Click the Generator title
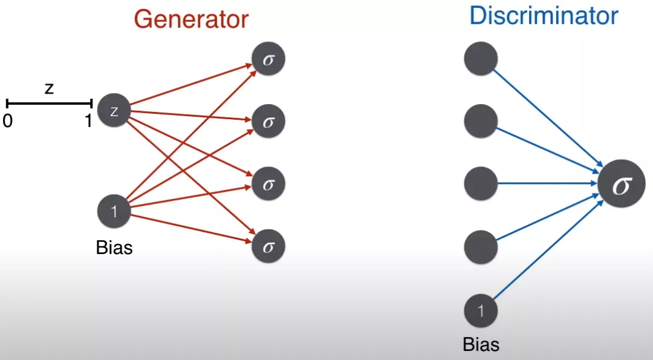point(191,19)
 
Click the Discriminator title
point(544,16)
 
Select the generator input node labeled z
point(114,111)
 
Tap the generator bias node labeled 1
point(114,211)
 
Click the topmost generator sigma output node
point(268,59)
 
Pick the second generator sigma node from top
point(268,122)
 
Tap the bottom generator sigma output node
point(268,246)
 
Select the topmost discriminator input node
point(481,59)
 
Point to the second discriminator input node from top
point(481,122)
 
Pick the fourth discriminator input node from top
point(481,246)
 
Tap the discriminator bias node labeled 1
point(481,311)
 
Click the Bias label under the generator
point(114,248)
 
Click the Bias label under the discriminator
point(481,345)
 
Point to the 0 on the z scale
point(7,121)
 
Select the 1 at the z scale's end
point(88,121)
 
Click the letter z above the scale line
point(49,88)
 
